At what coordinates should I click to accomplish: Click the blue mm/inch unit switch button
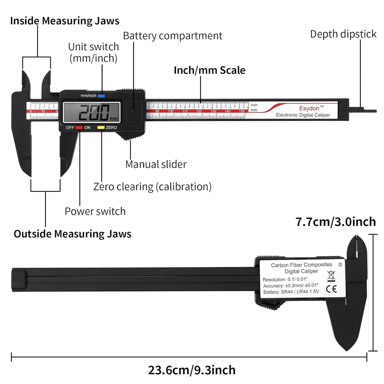click(x=101, y=96)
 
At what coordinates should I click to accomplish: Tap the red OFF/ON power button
click(x=79, y=127)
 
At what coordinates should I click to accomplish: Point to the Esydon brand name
click(x=309, y=108)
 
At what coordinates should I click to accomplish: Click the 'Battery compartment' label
click(x=173, y=36)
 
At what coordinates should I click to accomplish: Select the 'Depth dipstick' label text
click(x=343, y=34)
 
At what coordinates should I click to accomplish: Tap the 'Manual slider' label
click(x=156, y=164)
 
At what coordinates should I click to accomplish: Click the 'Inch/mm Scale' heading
click(x=209, y=70)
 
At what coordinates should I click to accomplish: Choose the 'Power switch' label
click(x=95, y=211)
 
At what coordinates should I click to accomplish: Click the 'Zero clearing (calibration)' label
click(x=152, y=187)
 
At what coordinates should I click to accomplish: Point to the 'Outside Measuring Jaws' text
click(x=72, y=234)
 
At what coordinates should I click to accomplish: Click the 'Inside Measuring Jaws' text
click(x=65, y=21)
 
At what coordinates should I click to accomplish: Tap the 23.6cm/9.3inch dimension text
click(x=192, y=370)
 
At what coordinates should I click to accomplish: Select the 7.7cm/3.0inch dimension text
click(x=336, y=222)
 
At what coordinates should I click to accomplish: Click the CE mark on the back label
click(x=331, y=289)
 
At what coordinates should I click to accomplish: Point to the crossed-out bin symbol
click(x=331, y=276)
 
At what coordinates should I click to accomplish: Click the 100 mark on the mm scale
click(x=171, y=111)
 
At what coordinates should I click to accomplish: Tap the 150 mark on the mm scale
click(x=242, y=111)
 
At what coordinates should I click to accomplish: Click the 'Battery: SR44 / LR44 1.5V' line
click(x=291, y=292)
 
